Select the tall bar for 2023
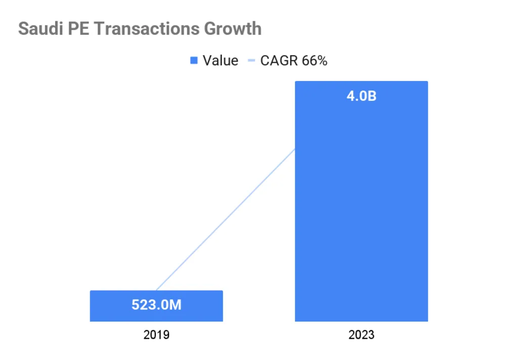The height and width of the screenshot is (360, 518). click(x=361, y=213)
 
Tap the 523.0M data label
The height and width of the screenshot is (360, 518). click(x=156, y=305)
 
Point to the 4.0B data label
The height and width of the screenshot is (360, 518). click(x=361, y=96)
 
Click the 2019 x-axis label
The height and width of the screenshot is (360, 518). click(x=156, y=335)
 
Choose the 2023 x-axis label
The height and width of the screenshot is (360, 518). click(x=361, y=335)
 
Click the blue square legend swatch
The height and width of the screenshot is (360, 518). click(x=193, y=61)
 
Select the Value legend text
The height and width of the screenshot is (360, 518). click(x=220, y=61)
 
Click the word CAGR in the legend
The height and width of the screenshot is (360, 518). click(x=279, y=61)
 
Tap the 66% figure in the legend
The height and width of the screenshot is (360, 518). click(x=315, y=61)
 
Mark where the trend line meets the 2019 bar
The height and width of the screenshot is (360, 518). click(x=156, y=290)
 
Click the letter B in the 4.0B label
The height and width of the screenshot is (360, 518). click(x=372, y=96)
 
